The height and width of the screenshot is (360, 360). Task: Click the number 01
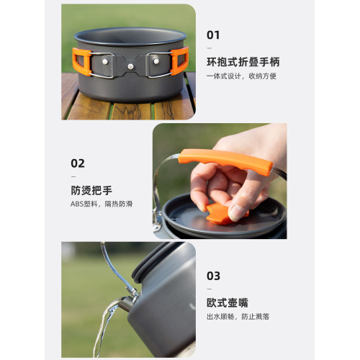point(213,35)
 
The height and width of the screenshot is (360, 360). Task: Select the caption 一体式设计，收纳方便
point(241,76)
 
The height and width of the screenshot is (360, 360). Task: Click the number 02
point(78,163)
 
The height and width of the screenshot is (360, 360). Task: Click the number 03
point(214,275)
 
